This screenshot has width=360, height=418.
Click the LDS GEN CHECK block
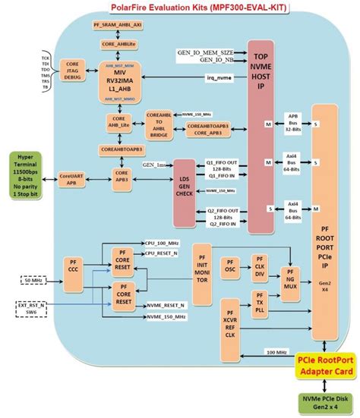tap(185, 192)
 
